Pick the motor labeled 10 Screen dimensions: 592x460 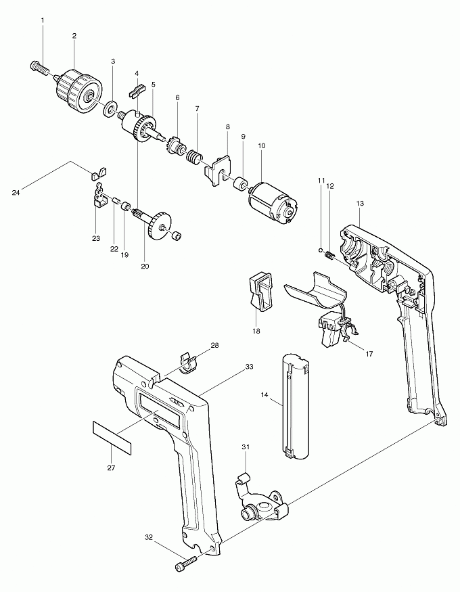coord(273,202)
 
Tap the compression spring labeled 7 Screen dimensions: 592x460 coord(194,159)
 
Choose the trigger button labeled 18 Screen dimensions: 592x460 coord(260,288)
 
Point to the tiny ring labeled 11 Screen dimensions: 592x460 coord(319,251)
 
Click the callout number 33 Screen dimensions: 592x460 coord(250,367)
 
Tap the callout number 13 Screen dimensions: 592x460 coord(359,203)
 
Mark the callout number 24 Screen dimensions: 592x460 coord(16,193)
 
